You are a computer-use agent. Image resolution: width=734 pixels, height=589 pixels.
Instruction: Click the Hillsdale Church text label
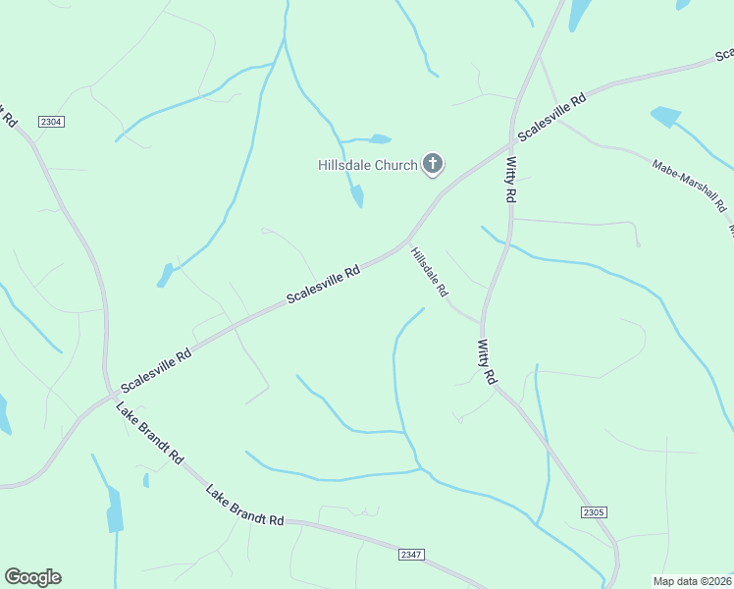[367, 165]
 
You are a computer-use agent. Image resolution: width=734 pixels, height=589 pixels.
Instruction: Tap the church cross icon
[433, 164]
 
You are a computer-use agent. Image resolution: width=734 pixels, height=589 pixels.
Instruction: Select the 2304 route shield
[51, 121]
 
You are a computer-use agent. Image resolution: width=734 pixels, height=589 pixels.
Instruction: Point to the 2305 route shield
[593, 511]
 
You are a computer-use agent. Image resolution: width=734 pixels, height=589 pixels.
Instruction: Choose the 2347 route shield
[412, 555]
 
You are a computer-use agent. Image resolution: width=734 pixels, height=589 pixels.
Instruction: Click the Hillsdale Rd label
[430, 272]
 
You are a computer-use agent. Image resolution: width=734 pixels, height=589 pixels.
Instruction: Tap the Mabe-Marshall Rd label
[688, 184]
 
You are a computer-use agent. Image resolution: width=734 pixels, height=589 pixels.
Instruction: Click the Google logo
[32, 576]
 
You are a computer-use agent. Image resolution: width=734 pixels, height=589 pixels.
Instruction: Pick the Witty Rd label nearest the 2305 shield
[487, 362]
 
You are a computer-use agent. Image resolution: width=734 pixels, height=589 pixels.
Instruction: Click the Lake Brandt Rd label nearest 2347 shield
[244, 504]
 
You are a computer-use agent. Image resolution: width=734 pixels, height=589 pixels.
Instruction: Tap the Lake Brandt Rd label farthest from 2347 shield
[150, 432]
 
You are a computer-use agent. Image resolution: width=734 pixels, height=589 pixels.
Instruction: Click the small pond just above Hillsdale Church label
[381, 139]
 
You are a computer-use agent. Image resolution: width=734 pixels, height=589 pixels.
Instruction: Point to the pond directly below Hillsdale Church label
[357, 197]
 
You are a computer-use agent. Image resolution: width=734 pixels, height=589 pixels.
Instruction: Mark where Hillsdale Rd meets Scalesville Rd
[407, 242]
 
